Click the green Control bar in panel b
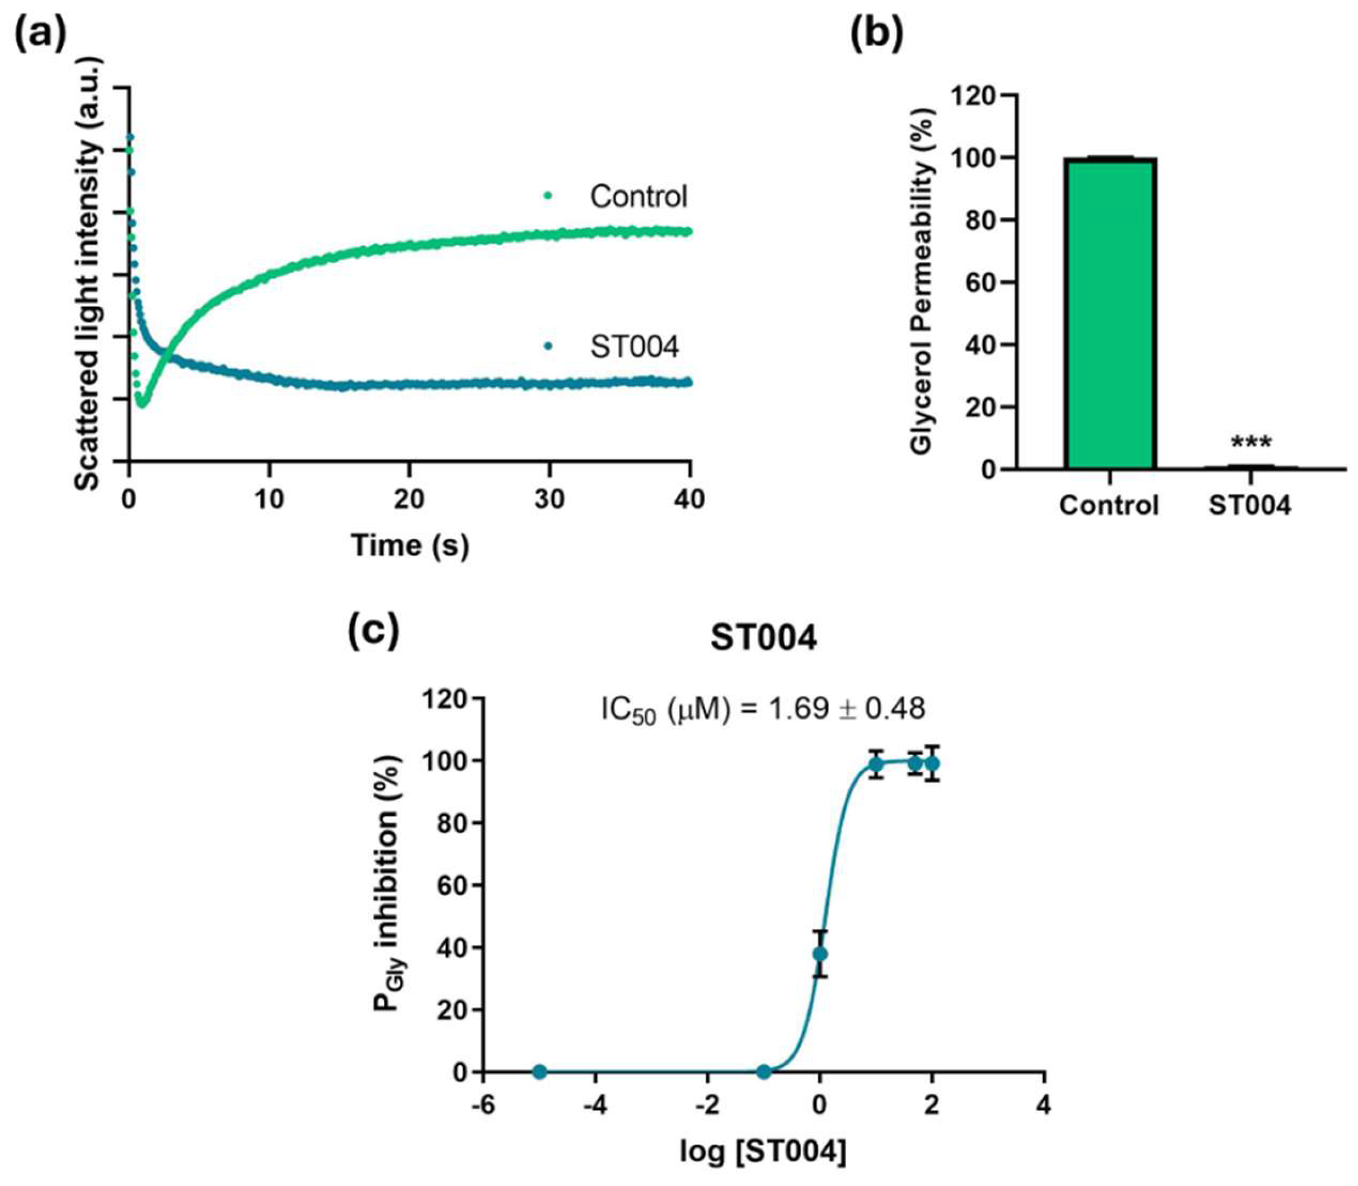[1111, 314]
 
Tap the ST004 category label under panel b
[1249, 507]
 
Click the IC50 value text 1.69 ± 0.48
[763, 710]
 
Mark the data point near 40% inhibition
[820, 953]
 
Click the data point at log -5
[540, 1072]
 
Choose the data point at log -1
[764, 1072]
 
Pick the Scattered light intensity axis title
[89, 273]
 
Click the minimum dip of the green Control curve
[141, 403]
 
